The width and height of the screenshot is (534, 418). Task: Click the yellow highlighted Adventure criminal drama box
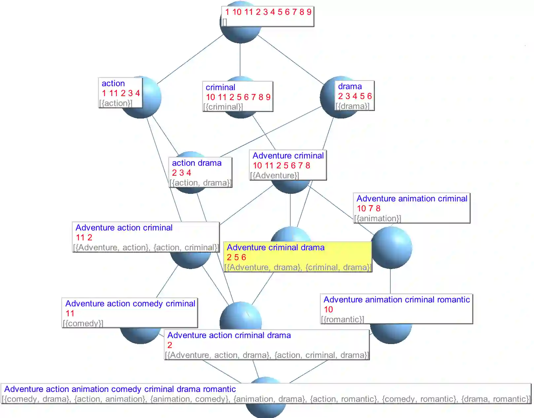pos(297,257)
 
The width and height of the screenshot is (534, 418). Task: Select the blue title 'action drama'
pos(196,163)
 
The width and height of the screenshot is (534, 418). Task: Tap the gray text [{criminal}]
pos(223,107)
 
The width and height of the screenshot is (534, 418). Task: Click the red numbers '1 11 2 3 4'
pos(121,93)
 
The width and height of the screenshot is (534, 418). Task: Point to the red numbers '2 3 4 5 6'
pos(355,96)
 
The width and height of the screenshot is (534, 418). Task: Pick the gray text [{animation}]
pos(377,219)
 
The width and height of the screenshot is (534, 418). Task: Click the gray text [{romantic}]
pos(342,320)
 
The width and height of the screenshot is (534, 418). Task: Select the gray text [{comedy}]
pos(83,324)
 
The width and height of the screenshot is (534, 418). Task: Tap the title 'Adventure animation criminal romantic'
pos(396,299)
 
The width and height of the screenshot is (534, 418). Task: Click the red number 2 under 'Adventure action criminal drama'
pos(170,345)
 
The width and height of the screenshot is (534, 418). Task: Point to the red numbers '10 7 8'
pos(369,208)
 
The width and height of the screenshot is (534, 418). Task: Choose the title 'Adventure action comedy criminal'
pos(130,303)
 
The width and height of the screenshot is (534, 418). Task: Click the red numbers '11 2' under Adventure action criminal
pos(84,237)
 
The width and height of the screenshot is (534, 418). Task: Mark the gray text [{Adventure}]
pos(274,176)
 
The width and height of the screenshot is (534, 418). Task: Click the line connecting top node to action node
pos(190,59)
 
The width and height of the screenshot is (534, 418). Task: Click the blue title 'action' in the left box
pos(113,83)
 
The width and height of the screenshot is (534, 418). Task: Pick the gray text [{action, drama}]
pos(200,183)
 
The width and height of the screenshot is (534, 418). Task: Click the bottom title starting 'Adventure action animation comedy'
pos(120,389)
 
